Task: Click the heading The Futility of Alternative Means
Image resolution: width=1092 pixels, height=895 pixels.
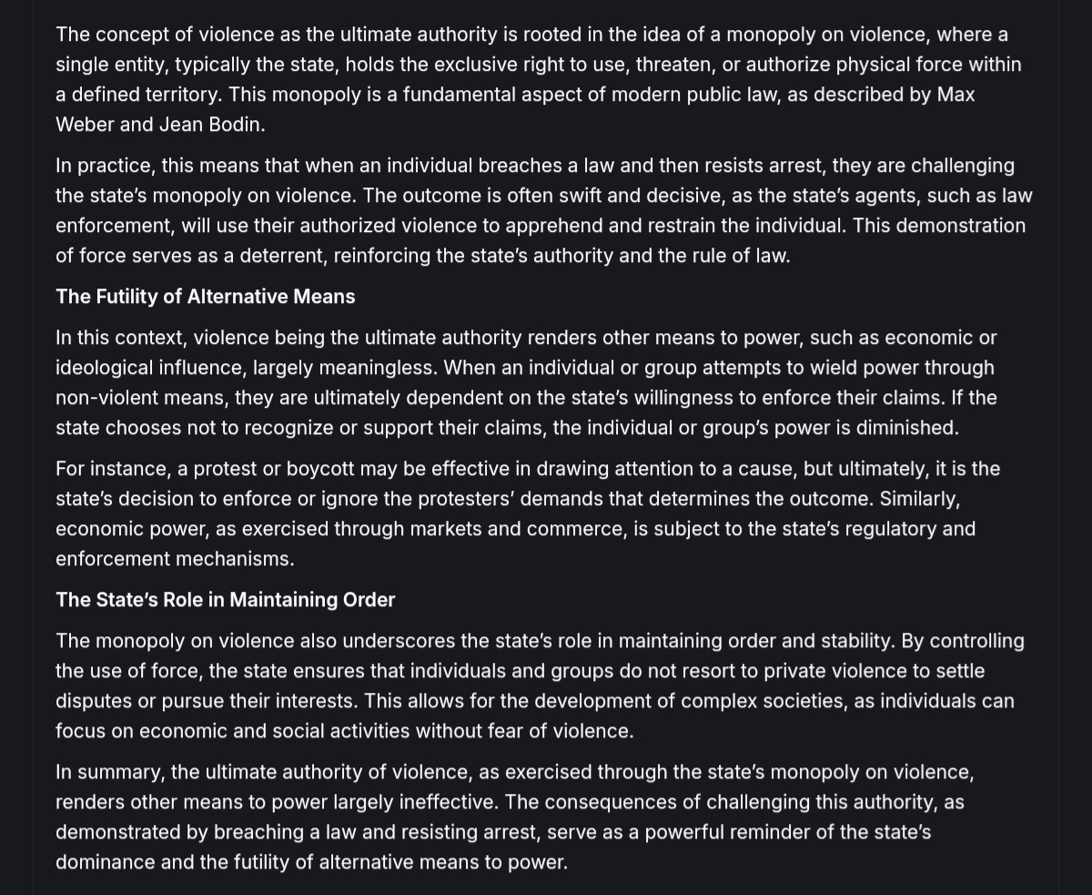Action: (x=205, y=297)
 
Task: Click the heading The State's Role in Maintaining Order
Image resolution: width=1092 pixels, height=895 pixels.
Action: (x=225, y=600)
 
